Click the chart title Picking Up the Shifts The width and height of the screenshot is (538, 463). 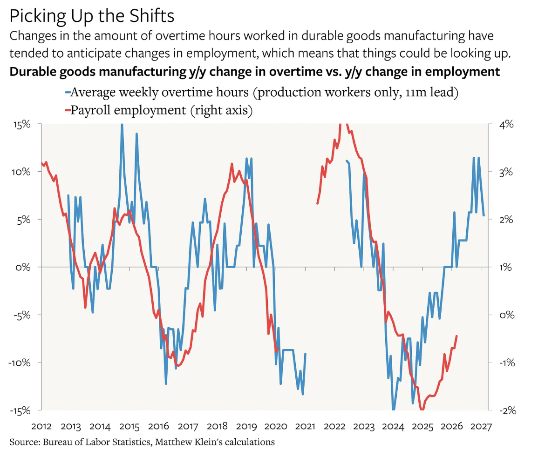click(92, 16)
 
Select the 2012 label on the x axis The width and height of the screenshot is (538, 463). click(41, 425)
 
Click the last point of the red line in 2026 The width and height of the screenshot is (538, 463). click(456, 336)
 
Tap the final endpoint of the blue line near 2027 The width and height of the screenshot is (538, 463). click(484, 215)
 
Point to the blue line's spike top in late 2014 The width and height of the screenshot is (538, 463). click(122, 125)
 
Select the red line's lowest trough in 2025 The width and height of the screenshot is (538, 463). click(422, 409)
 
